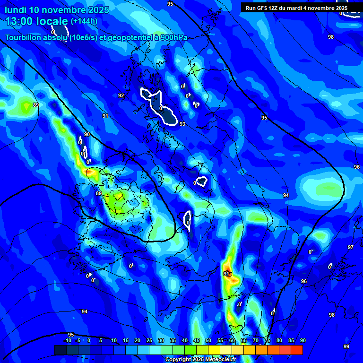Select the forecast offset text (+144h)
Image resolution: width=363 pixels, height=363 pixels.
tap(84, 21)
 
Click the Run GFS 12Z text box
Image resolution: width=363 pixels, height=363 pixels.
tap(296, 8)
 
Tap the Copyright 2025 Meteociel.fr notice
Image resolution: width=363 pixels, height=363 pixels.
tap(200, 360)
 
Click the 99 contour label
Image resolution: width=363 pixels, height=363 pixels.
tap(346, 346)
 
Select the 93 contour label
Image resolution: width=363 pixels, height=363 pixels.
tap(182, 124)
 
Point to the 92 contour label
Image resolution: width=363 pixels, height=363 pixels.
tap(121, 95)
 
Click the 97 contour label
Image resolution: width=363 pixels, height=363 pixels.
tap(351, 247)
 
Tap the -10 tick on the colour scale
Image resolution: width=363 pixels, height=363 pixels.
tap(68, 340)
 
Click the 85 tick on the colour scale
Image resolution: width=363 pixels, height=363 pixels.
tap(291, 340)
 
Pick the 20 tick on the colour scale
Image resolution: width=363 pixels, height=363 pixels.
tap(138, 340)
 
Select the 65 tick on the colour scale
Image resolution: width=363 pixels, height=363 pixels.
tap(243, 340)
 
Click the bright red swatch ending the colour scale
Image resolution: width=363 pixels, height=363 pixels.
tap(296, 350)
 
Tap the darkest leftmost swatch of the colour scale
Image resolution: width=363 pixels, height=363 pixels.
tap(60, 350)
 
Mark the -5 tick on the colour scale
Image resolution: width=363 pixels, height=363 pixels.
tap(78, 340)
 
